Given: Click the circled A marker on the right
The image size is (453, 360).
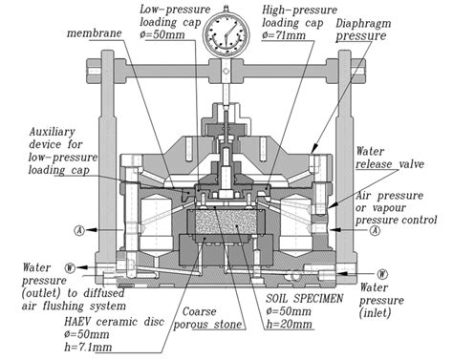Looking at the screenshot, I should pos(375,230).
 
